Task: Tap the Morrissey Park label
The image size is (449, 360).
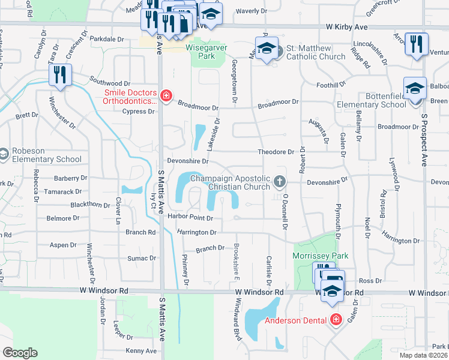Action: tap(320, 256)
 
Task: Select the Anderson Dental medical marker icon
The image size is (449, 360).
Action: tap(336, 320)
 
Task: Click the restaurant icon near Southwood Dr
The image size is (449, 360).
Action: tap(60, 75)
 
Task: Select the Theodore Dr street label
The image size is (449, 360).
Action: tap(276, 152)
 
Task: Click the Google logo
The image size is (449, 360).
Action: tap(20, 353)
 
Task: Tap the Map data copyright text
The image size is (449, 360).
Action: tap(423, 355)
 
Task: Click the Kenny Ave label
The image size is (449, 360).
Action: tap(141, 351)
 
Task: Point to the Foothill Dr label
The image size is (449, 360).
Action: tap(316, 85)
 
